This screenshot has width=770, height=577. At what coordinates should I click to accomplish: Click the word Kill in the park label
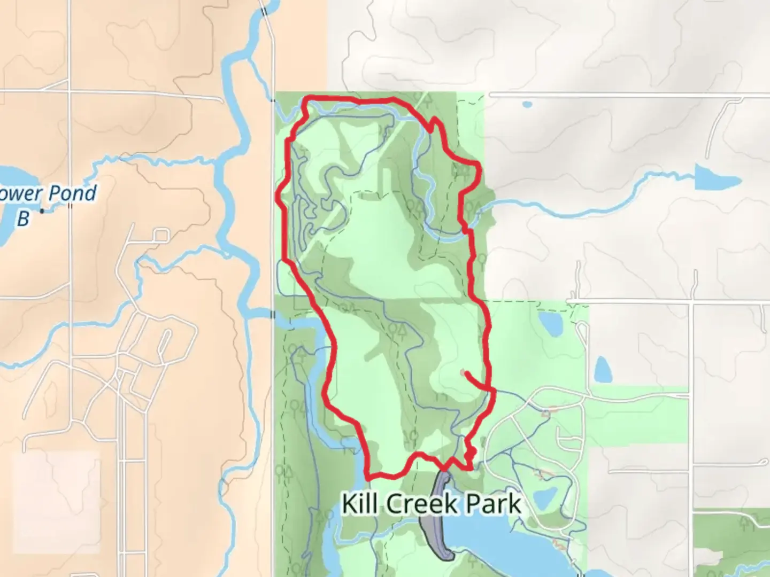[360, 504]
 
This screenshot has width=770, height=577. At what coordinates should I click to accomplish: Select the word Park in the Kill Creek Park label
[494, 504]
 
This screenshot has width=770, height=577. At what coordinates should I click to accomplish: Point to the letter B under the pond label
[22, 218]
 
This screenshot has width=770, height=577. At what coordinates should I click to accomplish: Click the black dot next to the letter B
[42, 212]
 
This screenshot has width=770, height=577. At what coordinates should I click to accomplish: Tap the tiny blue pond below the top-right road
[527, 104]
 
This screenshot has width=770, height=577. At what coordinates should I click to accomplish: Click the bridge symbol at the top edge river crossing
[263, 11]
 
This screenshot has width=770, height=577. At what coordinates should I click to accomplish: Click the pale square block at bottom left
[56, 502]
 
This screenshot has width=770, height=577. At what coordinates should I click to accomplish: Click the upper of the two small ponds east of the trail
[549, 323]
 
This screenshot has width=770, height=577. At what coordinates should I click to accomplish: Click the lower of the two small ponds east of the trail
[603, 369]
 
